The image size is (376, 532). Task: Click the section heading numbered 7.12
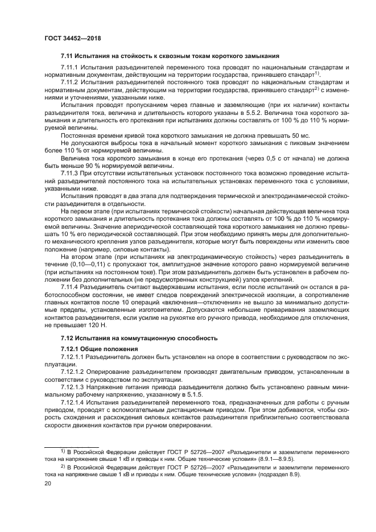click(x=139, y=338)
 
